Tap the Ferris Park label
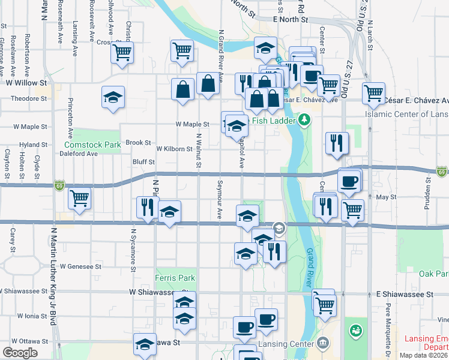[x=175, y=278]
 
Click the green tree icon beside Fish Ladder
[x=304, y=121]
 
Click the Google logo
[x=20, y=353]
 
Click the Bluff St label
[x=143, y=162]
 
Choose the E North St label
[x=290, y=20]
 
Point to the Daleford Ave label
[x=79, y=154]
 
